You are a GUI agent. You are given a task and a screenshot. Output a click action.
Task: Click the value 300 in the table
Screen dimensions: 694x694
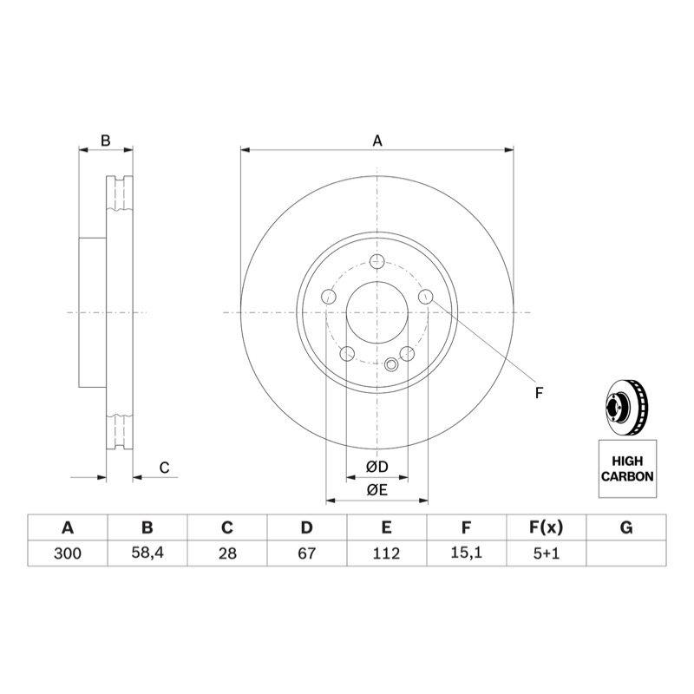(68, 553)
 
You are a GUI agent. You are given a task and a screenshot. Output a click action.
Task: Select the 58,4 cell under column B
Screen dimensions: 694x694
(147, 553)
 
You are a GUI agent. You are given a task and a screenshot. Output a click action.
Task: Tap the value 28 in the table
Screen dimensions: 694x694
(227, 553)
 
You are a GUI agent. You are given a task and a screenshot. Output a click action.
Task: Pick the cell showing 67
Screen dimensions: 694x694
(307, 553)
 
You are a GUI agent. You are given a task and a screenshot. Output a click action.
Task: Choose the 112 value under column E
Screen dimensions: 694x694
(386, 553)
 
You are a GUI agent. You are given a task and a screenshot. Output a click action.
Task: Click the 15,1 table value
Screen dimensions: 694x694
(466, 553)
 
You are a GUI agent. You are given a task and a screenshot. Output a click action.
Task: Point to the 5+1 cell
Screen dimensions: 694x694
(547, 553)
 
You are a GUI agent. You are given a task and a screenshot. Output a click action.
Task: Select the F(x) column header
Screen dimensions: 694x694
(547, 527)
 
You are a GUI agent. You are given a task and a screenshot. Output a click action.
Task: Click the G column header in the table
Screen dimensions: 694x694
(626, 527)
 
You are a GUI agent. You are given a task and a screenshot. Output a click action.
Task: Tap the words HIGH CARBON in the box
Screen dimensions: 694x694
(627, 468)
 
